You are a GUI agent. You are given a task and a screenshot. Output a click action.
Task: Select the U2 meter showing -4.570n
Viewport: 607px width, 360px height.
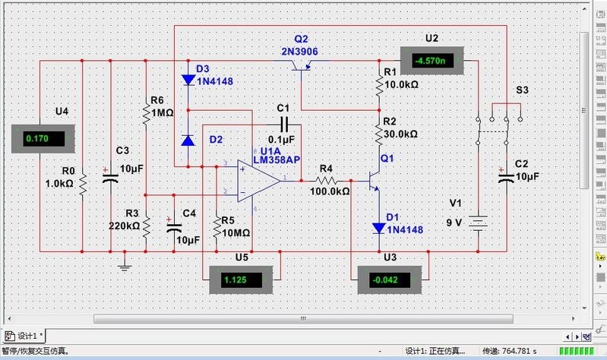coord(431,60)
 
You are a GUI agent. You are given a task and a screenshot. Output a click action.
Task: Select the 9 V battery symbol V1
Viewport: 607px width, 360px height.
coord(478,223)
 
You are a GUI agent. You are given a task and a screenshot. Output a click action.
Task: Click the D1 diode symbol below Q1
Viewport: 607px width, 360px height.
coord(379,227)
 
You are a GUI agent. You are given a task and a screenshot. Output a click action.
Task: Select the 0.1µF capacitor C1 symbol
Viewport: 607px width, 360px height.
coord(285,124)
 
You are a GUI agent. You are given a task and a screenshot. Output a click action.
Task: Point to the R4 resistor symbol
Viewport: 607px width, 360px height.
coord(326,181)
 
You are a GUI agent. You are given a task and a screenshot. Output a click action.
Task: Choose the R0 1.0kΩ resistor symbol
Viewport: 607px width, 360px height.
coord(82,183)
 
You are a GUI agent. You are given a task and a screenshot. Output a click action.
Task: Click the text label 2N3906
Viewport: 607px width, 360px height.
coord(299,51)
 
